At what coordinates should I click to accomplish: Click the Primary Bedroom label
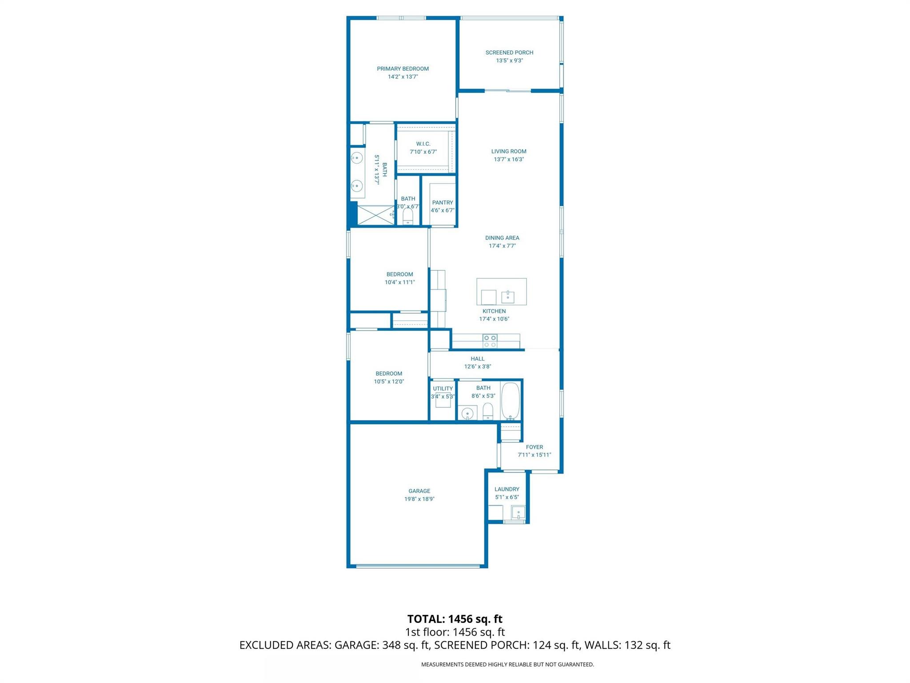[x=403, y=68]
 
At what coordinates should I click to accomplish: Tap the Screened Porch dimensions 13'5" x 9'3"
[x=509, y=60]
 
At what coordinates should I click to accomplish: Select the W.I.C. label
[x=423, y=144]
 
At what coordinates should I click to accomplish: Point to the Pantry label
[x=443, y=202]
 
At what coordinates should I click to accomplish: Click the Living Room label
[x=509, y=151]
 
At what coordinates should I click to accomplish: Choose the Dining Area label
[x=502, y=238]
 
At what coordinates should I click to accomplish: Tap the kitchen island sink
[x=507, y=297]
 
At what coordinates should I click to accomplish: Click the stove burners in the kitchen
[x=490, y=341]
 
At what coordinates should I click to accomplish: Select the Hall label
[x=478, y=359]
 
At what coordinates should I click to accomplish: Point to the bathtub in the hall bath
[x=511, y=400]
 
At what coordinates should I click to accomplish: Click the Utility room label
[x=443, y=389]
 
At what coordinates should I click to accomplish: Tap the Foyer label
[x=534, y=447]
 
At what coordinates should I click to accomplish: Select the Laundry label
[x=507, y=489]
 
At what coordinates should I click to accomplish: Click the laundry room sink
[x=518, y=513]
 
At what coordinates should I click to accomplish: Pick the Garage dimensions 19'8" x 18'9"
[x=419, y=499]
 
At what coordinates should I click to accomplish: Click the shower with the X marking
[x=376, y=215]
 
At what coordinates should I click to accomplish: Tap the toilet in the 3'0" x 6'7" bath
[x=407, y=217]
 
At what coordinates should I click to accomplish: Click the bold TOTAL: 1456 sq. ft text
[x=455, y=619]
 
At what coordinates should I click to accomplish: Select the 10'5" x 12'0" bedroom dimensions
[x=389, y=382]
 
